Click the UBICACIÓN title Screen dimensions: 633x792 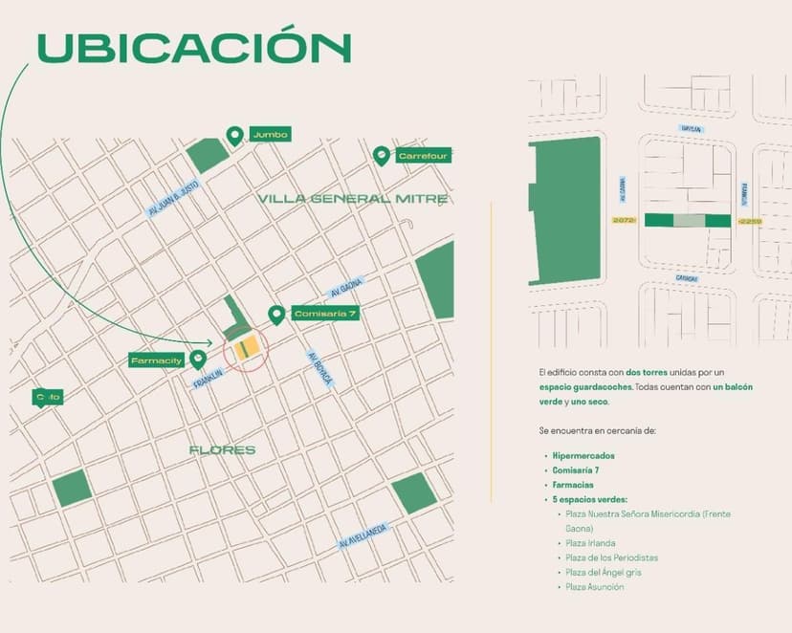pos(193,48)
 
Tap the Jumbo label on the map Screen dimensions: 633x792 pos(269,134)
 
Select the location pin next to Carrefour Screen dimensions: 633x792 pos(382,155)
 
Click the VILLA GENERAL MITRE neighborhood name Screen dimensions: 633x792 pos(353,199)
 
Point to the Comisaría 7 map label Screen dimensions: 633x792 pos(324,314)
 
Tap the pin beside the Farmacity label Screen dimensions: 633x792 pos(198,359)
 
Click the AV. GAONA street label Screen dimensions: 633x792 pos(348,289)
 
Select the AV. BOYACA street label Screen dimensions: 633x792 pos(319,368)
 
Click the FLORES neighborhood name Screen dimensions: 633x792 pos(222,449)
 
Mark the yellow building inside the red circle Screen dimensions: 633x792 pos(249,348)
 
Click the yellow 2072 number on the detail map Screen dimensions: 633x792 pos(624,221)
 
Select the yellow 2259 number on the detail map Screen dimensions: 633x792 pos(750,221)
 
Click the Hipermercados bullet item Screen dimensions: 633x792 pos(583,456)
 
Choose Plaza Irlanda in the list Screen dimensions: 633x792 pos(590,543)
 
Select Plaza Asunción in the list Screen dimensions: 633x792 pos(594,587)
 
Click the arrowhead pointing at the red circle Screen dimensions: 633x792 pos(209,341)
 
